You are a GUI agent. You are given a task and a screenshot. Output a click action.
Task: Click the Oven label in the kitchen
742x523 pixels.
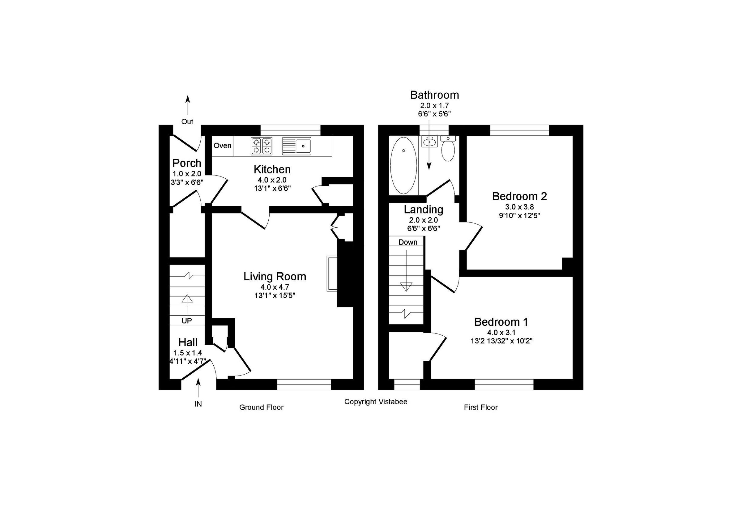(x=222, y=146)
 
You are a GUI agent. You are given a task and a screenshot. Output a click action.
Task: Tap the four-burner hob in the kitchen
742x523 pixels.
(x=262, y=146)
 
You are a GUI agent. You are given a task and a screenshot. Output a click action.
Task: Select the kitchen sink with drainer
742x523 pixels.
(x=296, y=146)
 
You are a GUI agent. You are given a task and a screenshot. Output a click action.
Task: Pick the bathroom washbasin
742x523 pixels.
(x=429, y=142)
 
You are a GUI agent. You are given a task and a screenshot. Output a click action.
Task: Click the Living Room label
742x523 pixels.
(x=275, y=277)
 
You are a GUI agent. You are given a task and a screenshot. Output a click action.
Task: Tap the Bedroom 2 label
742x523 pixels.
(x=519, y=196)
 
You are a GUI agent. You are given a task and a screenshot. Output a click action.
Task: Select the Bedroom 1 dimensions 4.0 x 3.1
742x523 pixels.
(x=501, y=332)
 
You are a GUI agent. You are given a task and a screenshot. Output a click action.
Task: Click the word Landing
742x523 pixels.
(x=423, y=210)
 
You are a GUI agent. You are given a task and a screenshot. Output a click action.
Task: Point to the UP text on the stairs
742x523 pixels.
(x=187, y=321)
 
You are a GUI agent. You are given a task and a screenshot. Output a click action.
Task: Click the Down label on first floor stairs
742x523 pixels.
(x=407, y=242)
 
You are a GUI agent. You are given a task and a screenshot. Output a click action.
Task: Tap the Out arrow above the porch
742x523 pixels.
(x=187, y=105)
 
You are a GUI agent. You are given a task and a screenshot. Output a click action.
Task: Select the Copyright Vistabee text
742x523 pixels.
(x=376, y=402)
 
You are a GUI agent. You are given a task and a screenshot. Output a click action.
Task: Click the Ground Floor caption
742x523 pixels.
(x=261, y=407)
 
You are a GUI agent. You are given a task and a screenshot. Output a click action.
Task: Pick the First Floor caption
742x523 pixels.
(x=480, y=407)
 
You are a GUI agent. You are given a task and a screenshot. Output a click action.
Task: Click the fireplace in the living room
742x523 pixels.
(x=332, y=274)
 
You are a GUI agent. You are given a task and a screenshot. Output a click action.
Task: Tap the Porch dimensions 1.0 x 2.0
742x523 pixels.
(x=187, y=174)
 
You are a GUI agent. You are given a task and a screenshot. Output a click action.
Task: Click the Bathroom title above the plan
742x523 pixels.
(x=434, y=95)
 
